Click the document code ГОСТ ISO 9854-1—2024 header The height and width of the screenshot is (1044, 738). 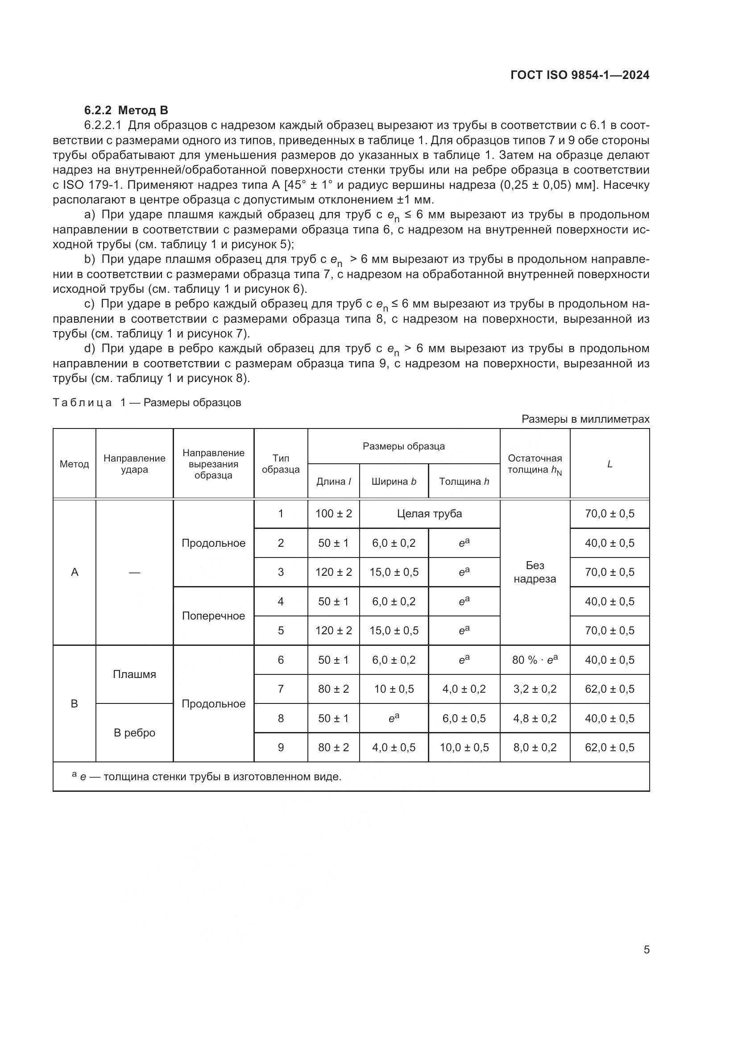(580, 75)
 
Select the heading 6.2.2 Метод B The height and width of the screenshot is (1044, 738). (126, 110)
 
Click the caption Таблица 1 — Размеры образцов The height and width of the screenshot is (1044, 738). (147, 403)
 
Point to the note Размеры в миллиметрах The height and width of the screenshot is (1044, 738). (585, 419)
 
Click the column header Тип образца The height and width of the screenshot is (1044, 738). (280, 463)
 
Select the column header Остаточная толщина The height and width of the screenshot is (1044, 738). (535, 464)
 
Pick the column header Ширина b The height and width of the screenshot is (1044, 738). (394, 481)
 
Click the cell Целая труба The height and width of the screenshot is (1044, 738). (429, 514)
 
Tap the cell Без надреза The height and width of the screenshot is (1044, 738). (535, 572)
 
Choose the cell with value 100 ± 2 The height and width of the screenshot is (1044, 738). (334, 514)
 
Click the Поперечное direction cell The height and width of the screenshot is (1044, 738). (213, 616)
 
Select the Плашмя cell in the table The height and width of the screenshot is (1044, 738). (134, 674)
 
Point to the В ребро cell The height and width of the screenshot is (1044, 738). (134, 732)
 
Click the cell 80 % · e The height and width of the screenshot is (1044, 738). (535, 660)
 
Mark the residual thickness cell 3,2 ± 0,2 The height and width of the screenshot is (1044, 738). (535, 689)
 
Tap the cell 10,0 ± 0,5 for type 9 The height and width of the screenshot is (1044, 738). (464, 747)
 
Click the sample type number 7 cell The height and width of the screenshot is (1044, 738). (280, 689)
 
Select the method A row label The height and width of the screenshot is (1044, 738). (75, 572)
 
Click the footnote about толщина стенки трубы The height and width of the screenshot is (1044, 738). (207, 777)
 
